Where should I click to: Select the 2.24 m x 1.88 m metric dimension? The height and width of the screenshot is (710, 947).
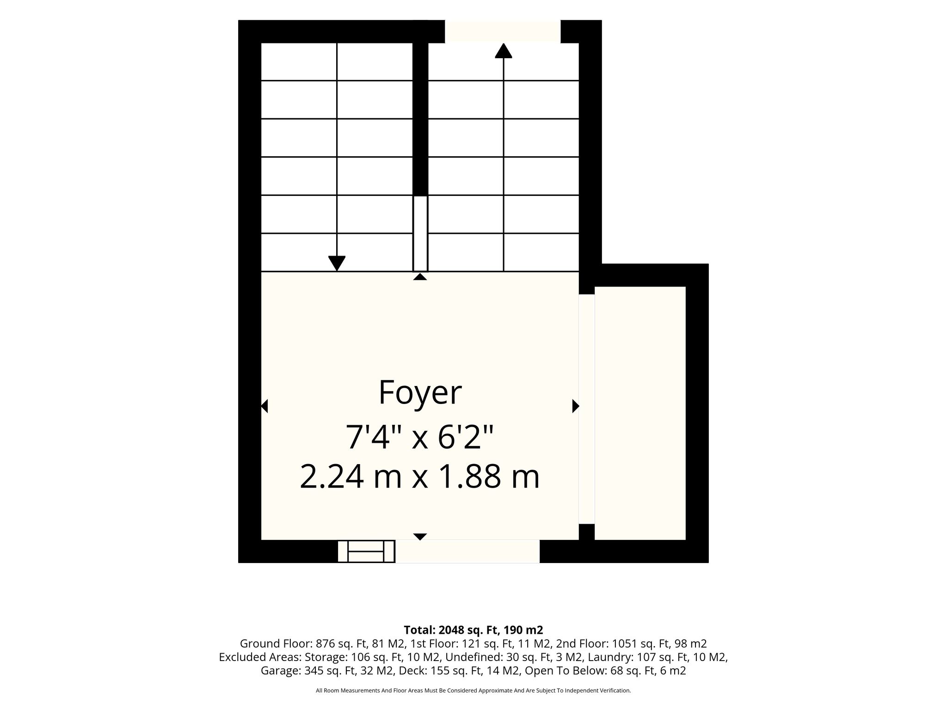coord(420,477)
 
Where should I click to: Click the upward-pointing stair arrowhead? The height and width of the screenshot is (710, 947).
coord(504,50)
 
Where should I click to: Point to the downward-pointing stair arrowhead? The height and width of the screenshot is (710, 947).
coord(337,263)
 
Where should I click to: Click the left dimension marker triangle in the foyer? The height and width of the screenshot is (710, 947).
coord(264,406)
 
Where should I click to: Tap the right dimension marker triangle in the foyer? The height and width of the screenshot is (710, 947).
coord(576,406)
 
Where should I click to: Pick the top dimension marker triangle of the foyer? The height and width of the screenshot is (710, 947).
coord(420,276)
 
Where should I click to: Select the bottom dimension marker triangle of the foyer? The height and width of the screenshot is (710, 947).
coord(420,537)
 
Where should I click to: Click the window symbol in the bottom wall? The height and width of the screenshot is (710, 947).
coord(366,551)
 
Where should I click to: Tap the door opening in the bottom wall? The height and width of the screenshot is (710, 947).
coord(467,551)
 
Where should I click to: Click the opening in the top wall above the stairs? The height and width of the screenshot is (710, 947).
coord(503,31)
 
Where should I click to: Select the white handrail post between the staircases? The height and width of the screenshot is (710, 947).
coord(420,233)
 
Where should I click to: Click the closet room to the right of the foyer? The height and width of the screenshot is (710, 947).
coord(640,413)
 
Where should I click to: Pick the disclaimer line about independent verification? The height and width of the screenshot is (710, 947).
coord(473,691)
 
